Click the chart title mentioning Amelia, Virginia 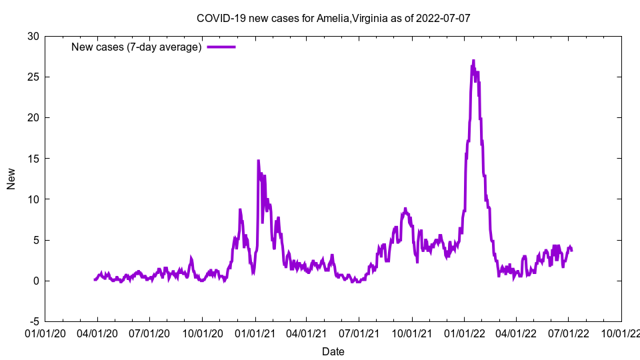333,18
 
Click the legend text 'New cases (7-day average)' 137,47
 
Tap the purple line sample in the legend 221,47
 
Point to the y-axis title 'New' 11,179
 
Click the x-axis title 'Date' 333,351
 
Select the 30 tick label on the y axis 33,36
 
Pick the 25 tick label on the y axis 33,77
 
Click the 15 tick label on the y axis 33,158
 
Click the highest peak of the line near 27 473,61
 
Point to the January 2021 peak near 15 258,161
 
